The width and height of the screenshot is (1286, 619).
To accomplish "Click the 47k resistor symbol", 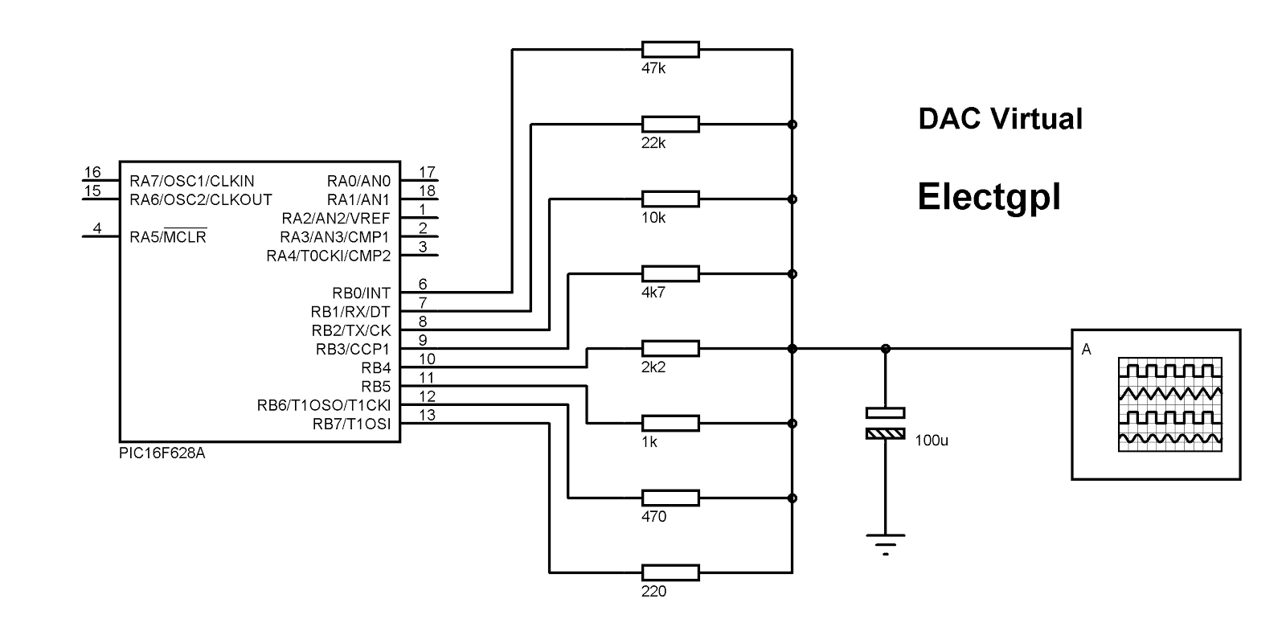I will click(x=670, y=50).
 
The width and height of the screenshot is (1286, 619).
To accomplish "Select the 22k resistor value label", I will click(x=654, y=143).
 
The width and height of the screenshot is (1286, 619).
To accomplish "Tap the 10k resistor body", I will click(x=670, y=199).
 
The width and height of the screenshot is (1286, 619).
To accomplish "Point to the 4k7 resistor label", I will click(x=654, y=293).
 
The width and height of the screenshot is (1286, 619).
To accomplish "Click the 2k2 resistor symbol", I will click(x=670, y=349).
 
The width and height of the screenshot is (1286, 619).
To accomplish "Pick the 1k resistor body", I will click(x=670, y=424).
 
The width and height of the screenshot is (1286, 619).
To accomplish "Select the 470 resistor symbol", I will click(x=670, y=498).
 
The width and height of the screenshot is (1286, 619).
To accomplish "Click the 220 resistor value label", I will click(x=654, y=592).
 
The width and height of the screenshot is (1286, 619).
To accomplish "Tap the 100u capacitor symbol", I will click(x=885, y=424).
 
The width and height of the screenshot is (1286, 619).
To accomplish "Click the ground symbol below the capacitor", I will click(x=885, y=543).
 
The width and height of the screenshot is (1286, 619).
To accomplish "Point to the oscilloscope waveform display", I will click(x=1170, y=404).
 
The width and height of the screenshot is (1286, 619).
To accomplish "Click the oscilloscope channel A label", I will click(x=1087, y=350).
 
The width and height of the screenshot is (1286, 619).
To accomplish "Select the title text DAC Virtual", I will click(x=1000, y=119).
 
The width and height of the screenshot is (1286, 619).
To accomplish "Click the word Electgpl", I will click(x=989, y=196).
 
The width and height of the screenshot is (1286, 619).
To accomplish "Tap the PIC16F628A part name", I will click(x=162, y=453).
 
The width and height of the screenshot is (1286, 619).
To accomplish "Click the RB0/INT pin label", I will click(x=361, y=293).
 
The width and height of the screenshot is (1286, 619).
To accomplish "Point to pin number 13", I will click(x=428, y=415).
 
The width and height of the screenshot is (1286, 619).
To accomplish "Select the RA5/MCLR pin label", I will click(x=168, y=238).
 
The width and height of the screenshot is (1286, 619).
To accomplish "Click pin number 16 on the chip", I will click(x=93, y=172).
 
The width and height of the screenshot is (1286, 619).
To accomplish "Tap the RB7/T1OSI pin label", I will click(x=351, y=424).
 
